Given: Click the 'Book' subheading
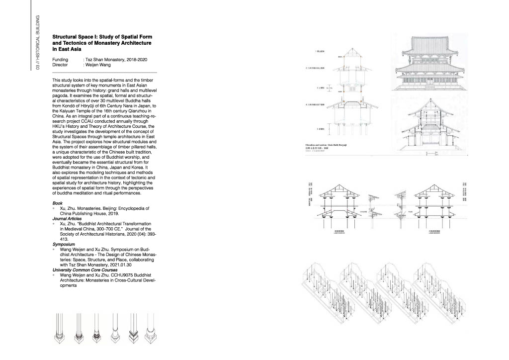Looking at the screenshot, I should pyautogui.click(x=57, y=203).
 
